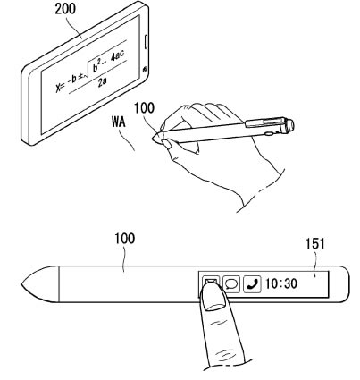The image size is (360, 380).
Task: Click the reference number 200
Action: click(65, 9)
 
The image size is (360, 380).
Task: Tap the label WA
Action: click(119, 122)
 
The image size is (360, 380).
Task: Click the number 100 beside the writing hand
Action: click(144, 108)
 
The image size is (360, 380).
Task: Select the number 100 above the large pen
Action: click(125, 239)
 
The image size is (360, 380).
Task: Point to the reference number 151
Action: click(315, 244)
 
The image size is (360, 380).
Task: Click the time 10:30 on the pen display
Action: click(281, 283)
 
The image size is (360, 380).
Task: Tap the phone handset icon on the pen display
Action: click(252, 284)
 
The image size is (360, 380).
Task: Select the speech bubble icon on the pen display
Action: click(231, 284)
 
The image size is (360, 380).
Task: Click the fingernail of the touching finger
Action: click(213, 295)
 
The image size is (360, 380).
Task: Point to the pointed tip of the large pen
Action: click(21, 284)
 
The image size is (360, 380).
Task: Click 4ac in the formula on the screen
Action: click(117, 55)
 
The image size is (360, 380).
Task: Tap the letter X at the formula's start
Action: click(59, 87)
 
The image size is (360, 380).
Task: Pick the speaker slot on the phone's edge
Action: click(147, 42)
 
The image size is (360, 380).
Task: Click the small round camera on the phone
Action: click(145, 70)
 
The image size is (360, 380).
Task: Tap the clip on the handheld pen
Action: click(264, 122)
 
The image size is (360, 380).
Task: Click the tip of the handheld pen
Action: click(153, 138)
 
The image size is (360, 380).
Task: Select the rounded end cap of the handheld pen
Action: click(289, 125)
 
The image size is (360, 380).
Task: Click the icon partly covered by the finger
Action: click(210, 281)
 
